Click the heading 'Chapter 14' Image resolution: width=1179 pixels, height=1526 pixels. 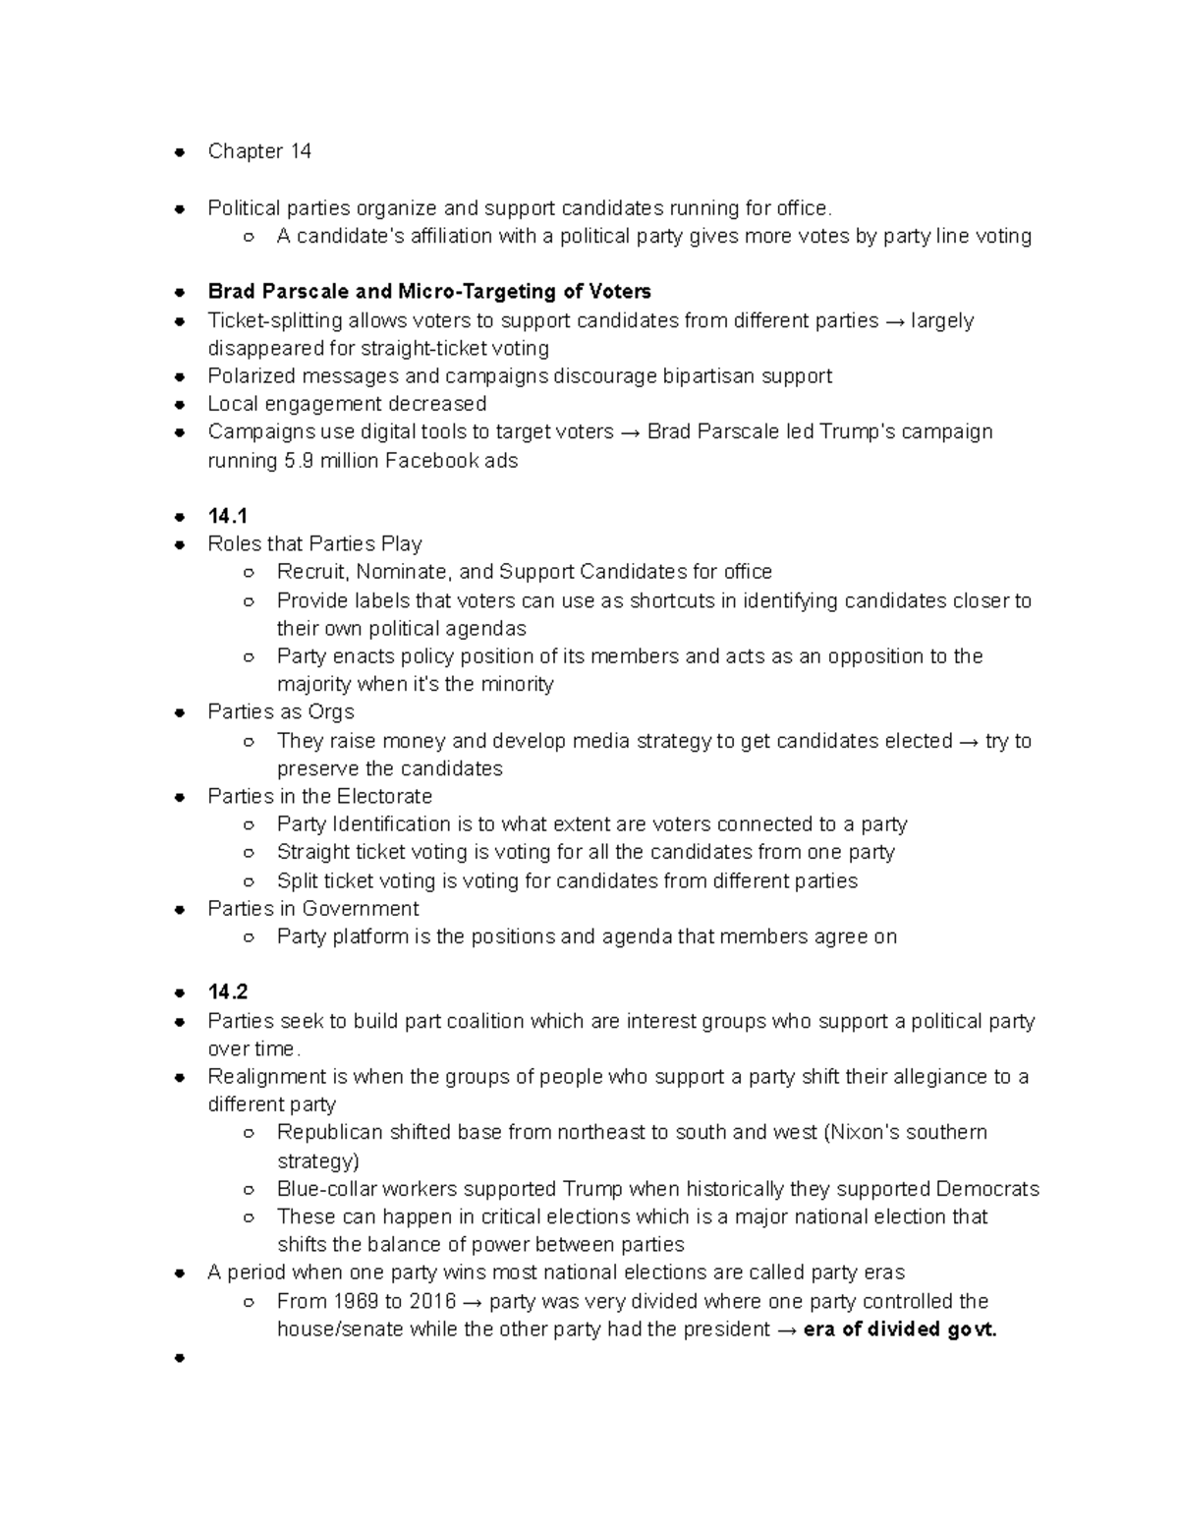[259, 151]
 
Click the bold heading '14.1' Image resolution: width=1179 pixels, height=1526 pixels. [227, 516]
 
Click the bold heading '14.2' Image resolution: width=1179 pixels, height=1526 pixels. [227, 992]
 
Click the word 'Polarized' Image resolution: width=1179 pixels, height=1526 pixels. [251, 376]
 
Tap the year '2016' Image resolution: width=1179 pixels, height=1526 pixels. [433, 1302]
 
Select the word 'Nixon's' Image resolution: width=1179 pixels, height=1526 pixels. [863, 1133]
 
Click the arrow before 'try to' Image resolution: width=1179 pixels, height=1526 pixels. [968, 742]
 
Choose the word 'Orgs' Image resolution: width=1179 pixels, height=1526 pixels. [331, 712]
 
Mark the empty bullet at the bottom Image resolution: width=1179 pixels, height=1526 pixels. [180, 1359]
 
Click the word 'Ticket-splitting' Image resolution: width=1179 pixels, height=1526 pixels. [275, 321]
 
